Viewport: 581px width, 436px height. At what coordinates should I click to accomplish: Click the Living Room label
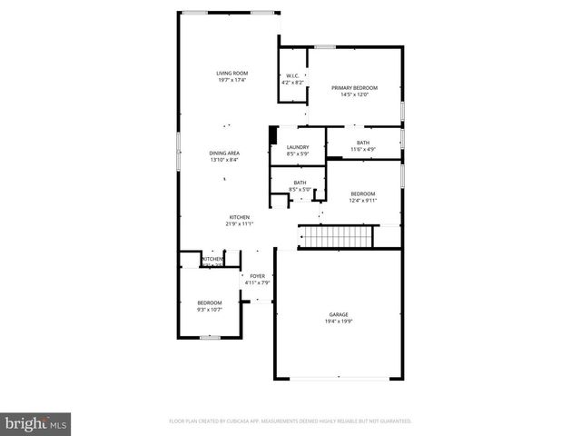coord(232,74)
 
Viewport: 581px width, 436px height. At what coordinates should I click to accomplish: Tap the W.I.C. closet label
coord(292,75)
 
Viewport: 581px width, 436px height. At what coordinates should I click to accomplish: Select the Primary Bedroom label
coord(353,87)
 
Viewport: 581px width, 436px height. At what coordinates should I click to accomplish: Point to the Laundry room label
coord(298,147)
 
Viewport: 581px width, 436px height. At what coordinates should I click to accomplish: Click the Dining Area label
coord(224,153)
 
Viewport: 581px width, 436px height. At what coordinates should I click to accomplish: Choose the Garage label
coord(338,314)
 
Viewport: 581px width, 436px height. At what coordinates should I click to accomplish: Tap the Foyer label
coord(258,275)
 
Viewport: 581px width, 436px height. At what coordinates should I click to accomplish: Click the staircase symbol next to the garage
coord(338,237)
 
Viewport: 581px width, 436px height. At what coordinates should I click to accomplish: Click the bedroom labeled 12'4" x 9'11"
coord(363,193)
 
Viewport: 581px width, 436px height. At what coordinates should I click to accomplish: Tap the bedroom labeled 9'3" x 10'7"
coord(210,302)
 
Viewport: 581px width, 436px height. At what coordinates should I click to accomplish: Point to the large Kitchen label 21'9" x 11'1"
coord(240,217)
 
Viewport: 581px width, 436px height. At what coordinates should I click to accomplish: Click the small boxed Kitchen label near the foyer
coord(212,260)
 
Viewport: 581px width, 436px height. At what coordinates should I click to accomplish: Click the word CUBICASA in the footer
coord(240,421)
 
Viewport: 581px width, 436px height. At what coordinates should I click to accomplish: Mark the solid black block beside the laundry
coord(271,135)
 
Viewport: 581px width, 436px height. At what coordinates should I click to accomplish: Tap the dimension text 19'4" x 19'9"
coord(338,322)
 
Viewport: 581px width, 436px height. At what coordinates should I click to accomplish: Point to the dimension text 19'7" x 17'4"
coord(232,80)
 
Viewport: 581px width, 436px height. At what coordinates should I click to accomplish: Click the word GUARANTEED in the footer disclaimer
coord(392,421)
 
